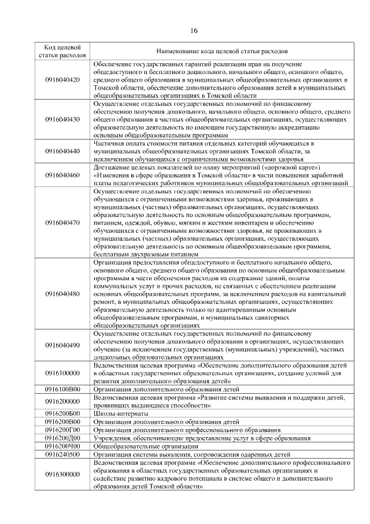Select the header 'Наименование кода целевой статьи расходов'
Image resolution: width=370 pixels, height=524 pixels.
(222, 51)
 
